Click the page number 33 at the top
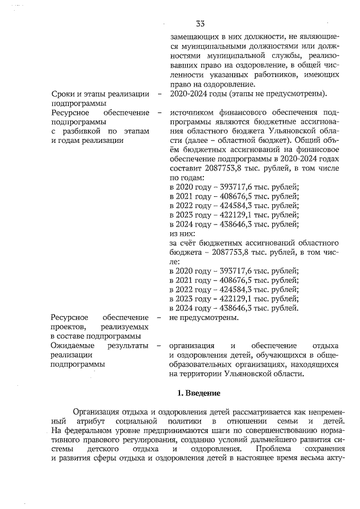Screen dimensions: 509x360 pyautogui.click(x=200, y=23)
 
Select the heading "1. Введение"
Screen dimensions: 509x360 pyautogui.click(x=200, y=392)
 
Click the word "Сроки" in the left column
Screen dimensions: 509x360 pyautogui.click(x=64, y=94)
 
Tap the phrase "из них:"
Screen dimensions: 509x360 pyautogui.click(x=183, y=233)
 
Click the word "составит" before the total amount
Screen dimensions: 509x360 pyautogui.click(x=185, y=168)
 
